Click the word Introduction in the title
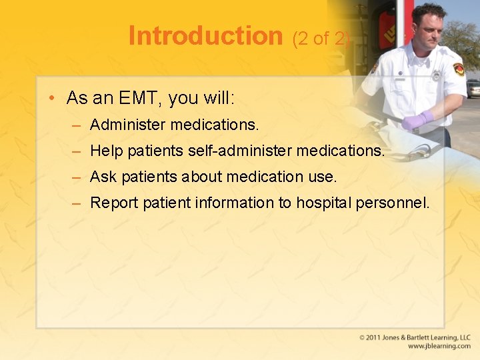205,36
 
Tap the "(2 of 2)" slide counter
321,39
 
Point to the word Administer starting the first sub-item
127,125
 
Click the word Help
106,151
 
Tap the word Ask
103,177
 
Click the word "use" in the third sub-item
321,177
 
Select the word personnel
393,203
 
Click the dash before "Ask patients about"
77,177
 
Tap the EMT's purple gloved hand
417,121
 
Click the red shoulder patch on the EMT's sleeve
459,69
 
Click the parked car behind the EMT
473,88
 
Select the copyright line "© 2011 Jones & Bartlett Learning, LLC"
415,338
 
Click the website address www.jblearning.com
439,347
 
